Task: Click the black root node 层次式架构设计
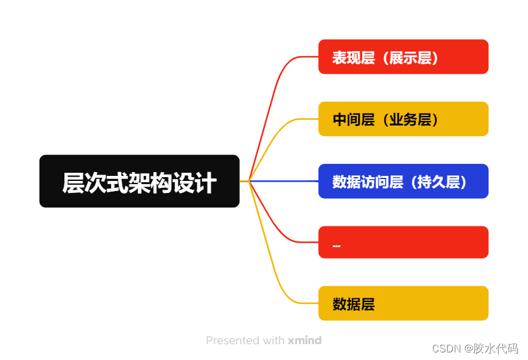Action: [x=139, y=181]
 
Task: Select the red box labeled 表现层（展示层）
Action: [x=403, y=57]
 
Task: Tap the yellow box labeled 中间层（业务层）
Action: [x=403, y=119]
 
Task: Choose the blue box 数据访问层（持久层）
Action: [x=403, y=182]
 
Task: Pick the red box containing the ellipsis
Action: [x=403, y=242]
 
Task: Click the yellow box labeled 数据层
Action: [x=403, y=304]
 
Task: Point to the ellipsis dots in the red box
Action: [x=336, y=245]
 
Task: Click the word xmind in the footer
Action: [x=305, y=340]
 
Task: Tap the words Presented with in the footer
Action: [x=245, y=340]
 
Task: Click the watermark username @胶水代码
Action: [x=491, y=347]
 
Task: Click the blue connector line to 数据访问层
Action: [x=284, y=181]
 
